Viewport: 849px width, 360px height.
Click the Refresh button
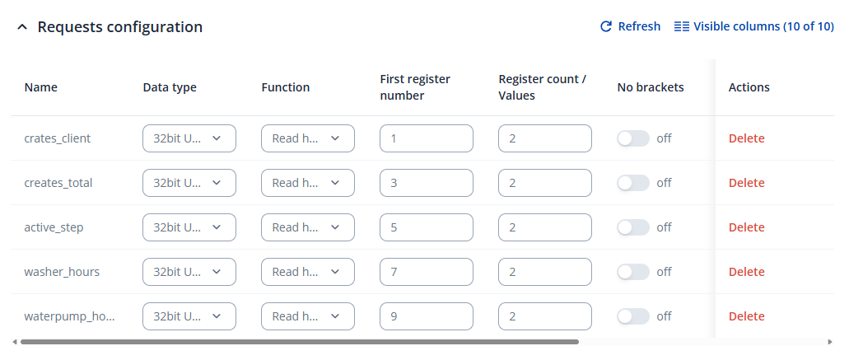pyautogui.click(x=630, y=26)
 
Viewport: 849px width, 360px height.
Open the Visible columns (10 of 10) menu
pyautogui.click(x=754, y=26)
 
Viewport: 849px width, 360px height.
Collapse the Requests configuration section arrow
pyautogui.click(x=21, y=27)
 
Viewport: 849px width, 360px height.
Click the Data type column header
pyautogui.click(x=170, y=87)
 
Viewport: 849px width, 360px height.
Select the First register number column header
pyautogui.click(x=415, y=87)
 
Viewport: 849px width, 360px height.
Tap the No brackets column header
pyautogui.click(x=650, y=87)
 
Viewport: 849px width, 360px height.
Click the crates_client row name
pyautogui.click(x=58, y=138)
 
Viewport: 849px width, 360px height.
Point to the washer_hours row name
pyautogui.click(x=62, y=272)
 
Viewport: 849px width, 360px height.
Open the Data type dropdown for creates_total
pyautogui.click(x=189, y=183)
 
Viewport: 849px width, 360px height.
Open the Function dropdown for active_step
pyautogui.click(x=308, y=227)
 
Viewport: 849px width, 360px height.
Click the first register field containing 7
pyautogui.click(x=427, y=272)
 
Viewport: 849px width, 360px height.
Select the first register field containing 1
pyautogui.click(x=427, y=138)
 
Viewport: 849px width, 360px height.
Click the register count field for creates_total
pyautogui.click(x=545, y=183)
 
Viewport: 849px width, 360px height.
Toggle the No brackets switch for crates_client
pyautogui.click(x=633, y=138)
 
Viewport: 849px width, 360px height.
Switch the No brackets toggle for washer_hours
pyautogui.click(x=633, y=272)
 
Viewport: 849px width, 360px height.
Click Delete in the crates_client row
pyautogui.click(x=746, y=138)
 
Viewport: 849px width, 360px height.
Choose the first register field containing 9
pyautogui.click(x=427, y=316)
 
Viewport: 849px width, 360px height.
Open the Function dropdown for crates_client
pyautogui.click(x=308, y=138)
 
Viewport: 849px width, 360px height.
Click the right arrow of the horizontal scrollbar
pyautogui.click(x=829, y=341)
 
